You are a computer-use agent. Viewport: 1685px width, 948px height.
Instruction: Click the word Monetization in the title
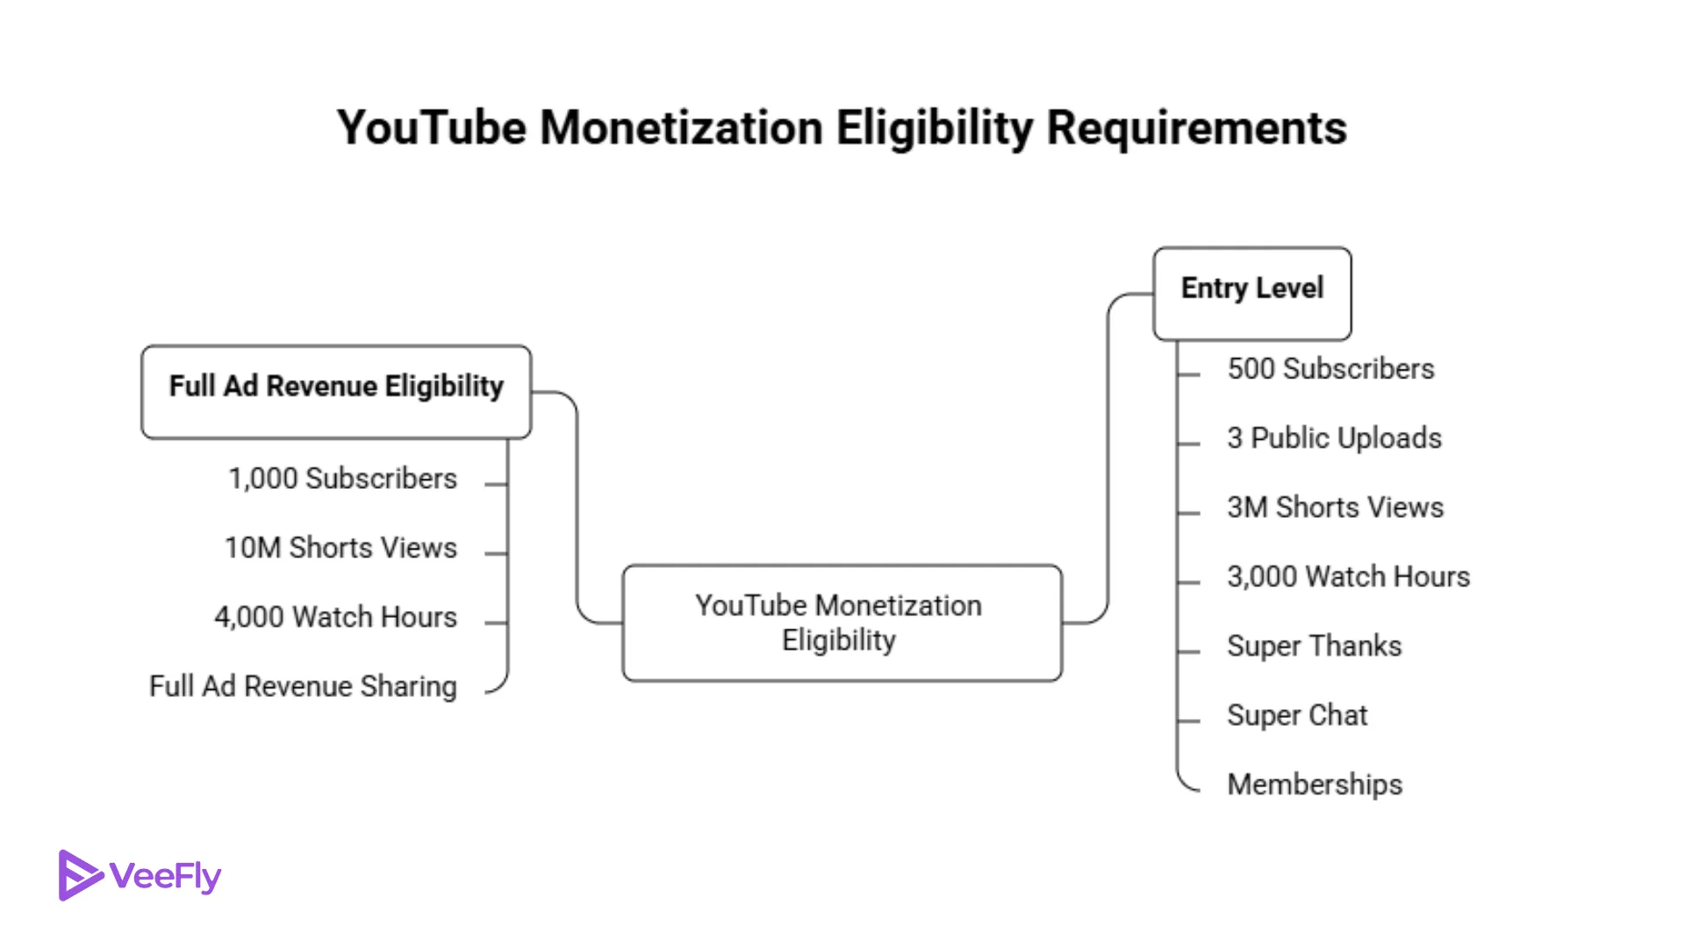coord(680,128)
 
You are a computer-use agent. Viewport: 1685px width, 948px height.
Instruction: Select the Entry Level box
coord(1251,293)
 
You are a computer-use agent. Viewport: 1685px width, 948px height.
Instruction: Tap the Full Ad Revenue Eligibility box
coord(336,391)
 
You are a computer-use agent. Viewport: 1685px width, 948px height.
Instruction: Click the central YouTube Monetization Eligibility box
coord(841,622)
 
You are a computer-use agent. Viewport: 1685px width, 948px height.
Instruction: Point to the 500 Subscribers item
coord(1330,369)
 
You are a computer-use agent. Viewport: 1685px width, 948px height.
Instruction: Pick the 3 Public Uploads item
coord(1333,438)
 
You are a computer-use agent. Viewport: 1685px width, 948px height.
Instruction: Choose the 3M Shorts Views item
coord(1334,507)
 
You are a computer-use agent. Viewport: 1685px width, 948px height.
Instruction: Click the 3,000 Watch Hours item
coord(1347,577)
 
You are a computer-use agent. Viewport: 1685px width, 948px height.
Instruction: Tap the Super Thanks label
coord(1314,646)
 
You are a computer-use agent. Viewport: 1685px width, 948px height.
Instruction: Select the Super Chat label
coord(1296,715)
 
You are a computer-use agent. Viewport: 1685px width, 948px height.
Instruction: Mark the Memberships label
coord(1314,785)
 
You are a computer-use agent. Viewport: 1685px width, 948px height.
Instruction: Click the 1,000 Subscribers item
coord(342,479)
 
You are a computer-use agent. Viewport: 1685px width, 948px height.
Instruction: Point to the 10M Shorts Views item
coord(341,549)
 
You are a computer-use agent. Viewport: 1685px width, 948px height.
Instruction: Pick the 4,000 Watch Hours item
coord(335,618)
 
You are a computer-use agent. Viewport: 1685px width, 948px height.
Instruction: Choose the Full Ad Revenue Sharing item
coord(303,687)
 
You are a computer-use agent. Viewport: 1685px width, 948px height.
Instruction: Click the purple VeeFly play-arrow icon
coord(80,875)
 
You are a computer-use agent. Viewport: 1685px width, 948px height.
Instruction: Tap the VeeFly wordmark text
coord(166,876)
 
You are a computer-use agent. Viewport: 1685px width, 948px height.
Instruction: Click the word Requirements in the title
coord(1196,128)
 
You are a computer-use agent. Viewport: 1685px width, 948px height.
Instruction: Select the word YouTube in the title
coord(432,128)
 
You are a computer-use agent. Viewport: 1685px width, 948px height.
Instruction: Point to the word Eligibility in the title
coord(935,128)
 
